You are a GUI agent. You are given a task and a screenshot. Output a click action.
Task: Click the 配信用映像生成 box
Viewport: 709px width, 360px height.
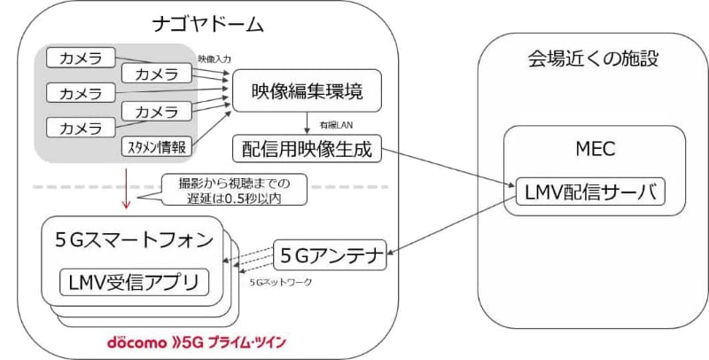307,148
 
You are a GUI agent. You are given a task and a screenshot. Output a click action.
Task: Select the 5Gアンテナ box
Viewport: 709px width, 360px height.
330,256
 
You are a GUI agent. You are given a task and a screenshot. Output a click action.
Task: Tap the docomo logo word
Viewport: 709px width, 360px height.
132,342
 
